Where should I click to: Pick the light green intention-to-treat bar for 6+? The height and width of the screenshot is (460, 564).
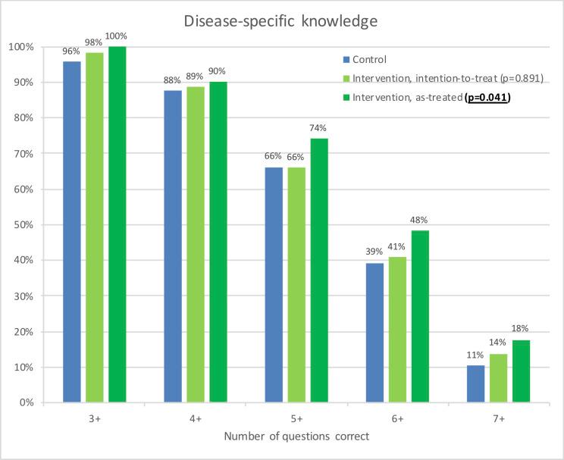398,329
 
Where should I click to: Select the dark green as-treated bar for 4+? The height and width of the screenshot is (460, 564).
218,242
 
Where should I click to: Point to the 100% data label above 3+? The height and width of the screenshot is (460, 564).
116,36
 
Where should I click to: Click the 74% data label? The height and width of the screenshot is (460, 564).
319,127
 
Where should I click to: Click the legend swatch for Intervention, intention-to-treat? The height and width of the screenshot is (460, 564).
346,77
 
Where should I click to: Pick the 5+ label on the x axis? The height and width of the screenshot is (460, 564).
296,419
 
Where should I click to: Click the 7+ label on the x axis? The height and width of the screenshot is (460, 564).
499,419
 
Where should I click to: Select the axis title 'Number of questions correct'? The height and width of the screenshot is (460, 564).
296,438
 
